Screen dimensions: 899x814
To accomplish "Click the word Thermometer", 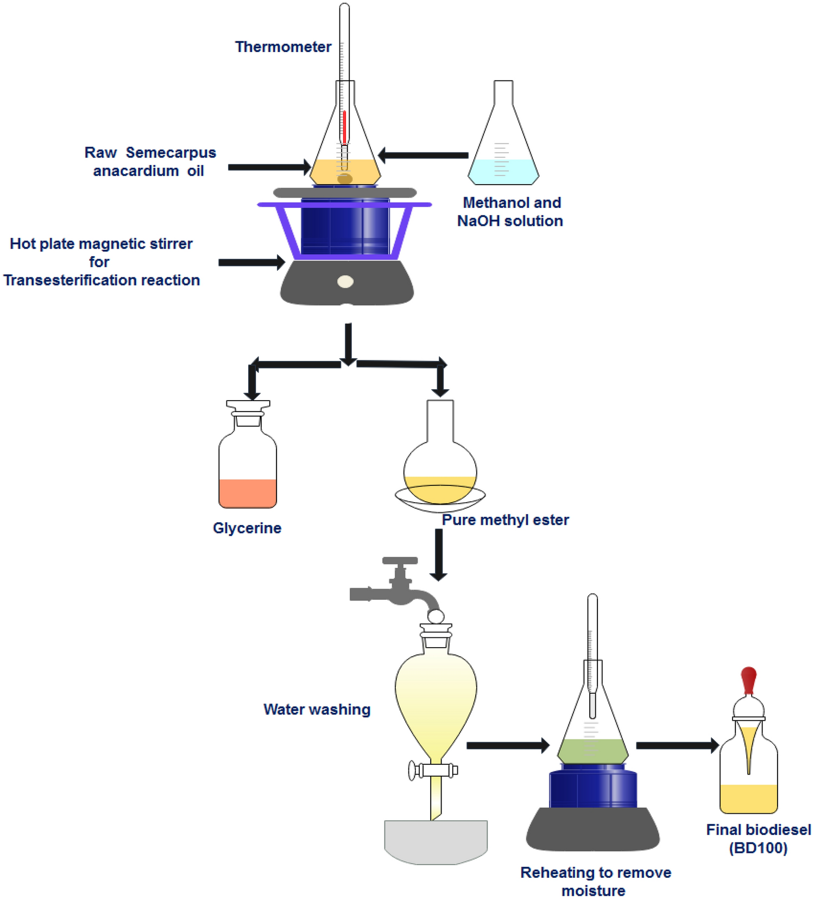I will click(x=283, y=47).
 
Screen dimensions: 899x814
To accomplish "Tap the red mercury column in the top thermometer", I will click(x=344, y=128).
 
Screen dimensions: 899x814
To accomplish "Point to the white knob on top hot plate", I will click(x=345, y=281).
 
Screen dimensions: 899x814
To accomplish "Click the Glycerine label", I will click(x=247, y=528).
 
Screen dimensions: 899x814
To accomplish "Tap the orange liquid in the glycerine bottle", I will click(x=248, y=493).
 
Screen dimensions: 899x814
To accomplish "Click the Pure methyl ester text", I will click(x=505, y=520).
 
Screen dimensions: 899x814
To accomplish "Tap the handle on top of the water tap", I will click(x=400, y=561).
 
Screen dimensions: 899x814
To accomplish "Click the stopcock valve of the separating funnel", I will click(x=433, y=769).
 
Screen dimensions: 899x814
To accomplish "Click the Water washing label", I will click(x=317, y=710).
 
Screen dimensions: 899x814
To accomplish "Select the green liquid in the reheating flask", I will click(x=592, y=751).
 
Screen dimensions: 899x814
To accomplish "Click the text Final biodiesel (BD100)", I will click(x=758, y=839).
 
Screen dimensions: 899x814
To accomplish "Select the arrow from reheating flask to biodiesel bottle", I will click(x=677, y=746).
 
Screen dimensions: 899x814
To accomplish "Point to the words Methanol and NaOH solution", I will click(x=510, y=212).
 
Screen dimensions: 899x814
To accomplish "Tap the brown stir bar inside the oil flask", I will click(x=345, y=179).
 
